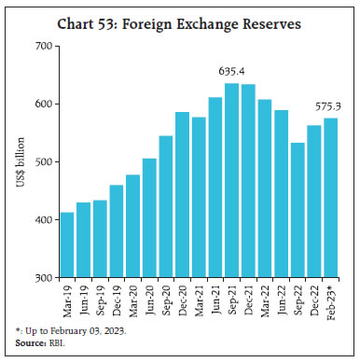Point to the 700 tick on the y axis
[41, 46]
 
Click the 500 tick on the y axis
[41, 162]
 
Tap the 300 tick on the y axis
[41, 278]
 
